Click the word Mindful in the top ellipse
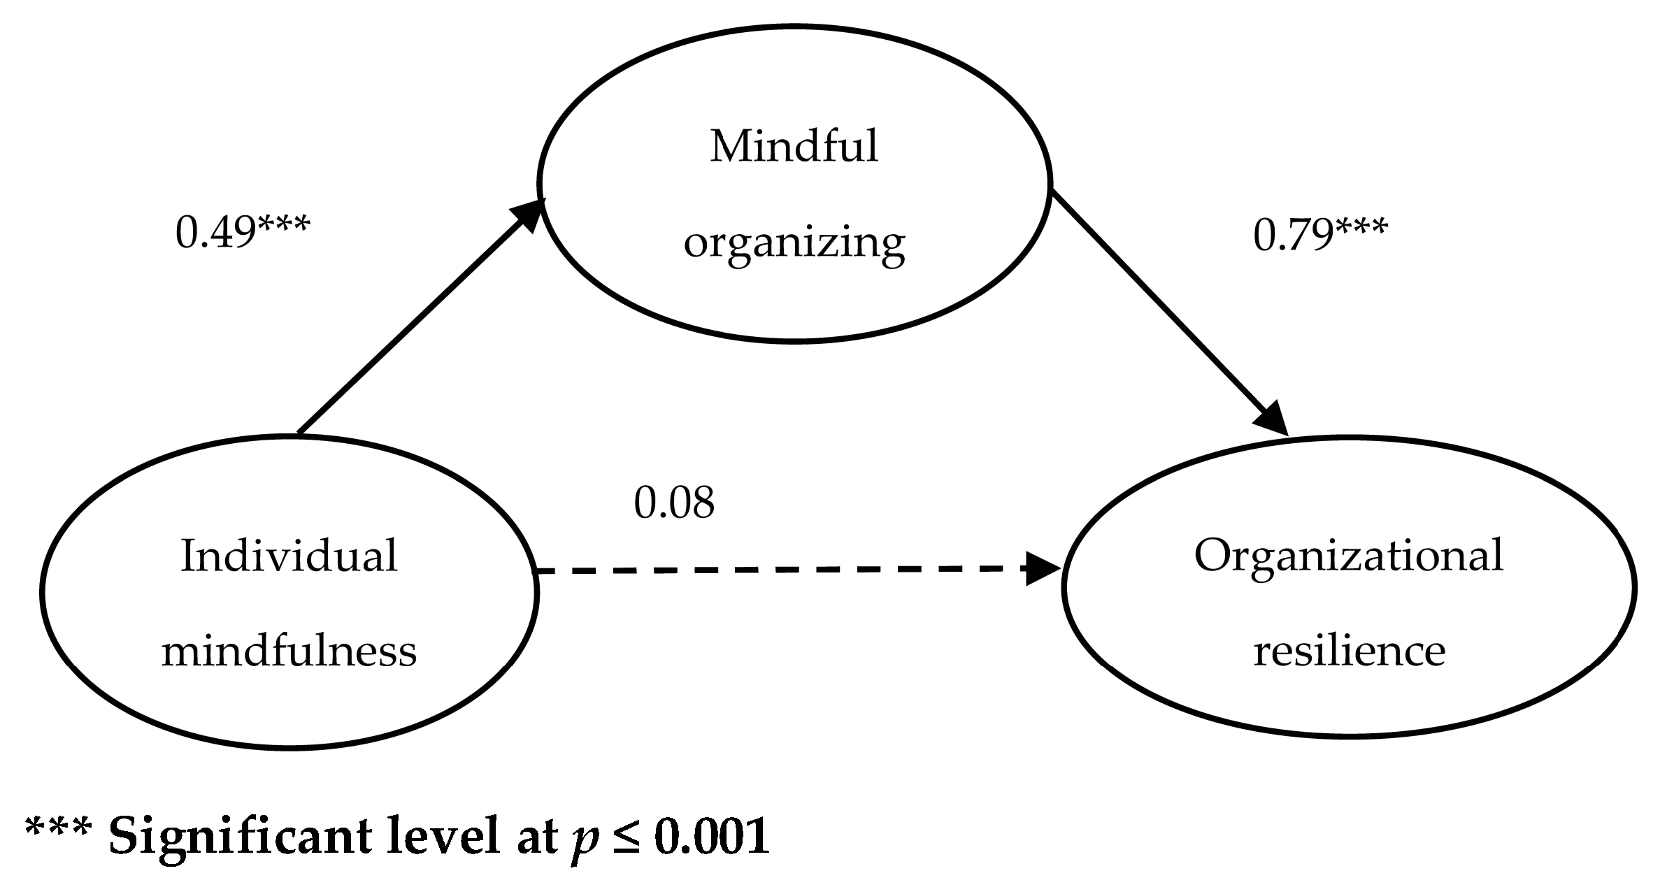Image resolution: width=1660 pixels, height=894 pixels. (794, 147)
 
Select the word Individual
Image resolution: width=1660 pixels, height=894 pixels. (289, 557)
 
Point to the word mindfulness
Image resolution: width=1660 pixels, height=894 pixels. (289, 651)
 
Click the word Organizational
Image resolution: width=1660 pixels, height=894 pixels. (1348, 556)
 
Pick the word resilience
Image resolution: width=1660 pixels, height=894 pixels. (1349, 651)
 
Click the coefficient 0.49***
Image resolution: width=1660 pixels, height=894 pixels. (241, 232)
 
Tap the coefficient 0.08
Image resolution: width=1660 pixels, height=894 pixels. (674, 503)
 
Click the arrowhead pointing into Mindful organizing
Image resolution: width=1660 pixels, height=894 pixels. (529, 215)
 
